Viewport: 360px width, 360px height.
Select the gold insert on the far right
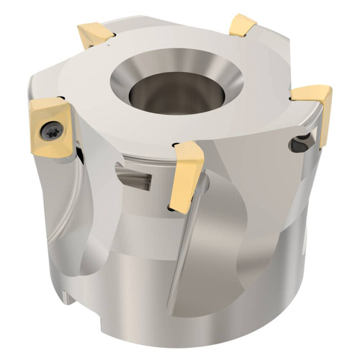pos(315,105)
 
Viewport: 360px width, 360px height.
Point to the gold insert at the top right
pos(243,27)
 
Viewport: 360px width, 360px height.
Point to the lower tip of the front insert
pos(173,208)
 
